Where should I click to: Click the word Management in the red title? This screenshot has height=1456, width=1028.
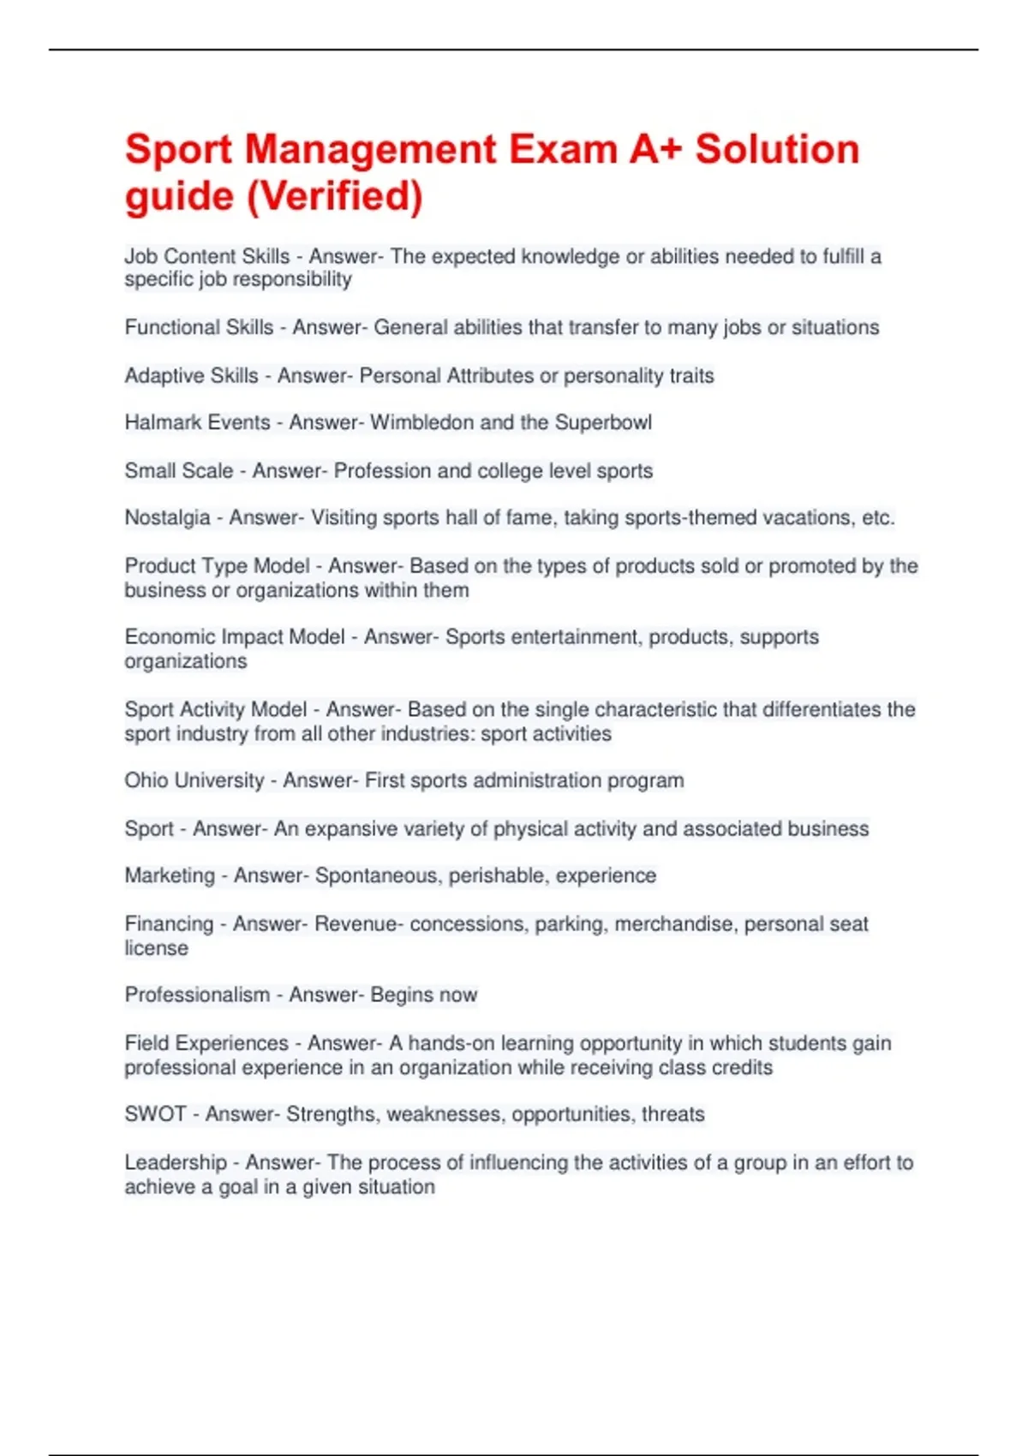tap(370, 150)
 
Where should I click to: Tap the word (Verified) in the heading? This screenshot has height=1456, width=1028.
tap(335, 196)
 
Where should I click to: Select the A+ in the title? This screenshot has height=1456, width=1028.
tap(656, 150)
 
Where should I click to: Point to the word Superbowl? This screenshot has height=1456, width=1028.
tap(603, 422)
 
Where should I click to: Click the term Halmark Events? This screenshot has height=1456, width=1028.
tap(197, 422)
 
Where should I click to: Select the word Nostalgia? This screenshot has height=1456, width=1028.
tap(167, 517)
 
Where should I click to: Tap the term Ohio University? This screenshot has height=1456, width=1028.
tap(194, 780)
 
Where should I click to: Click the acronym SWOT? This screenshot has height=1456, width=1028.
tap(155, 1114)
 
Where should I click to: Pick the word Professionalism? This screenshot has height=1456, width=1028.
tap(197, 994)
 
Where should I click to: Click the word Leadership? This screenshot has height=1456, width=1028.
tap(176, 1162)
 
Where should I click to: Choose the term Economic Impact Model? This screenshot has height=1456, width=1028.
tap(235, 636)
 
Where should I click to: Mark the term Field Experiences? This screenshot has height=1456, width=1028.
tap(206, 1043)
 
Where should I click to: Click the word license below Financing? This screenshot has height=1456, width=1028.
tap(156, 948)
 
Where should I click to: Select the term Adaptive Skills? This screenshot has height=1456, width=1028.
tap(191, 375)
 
